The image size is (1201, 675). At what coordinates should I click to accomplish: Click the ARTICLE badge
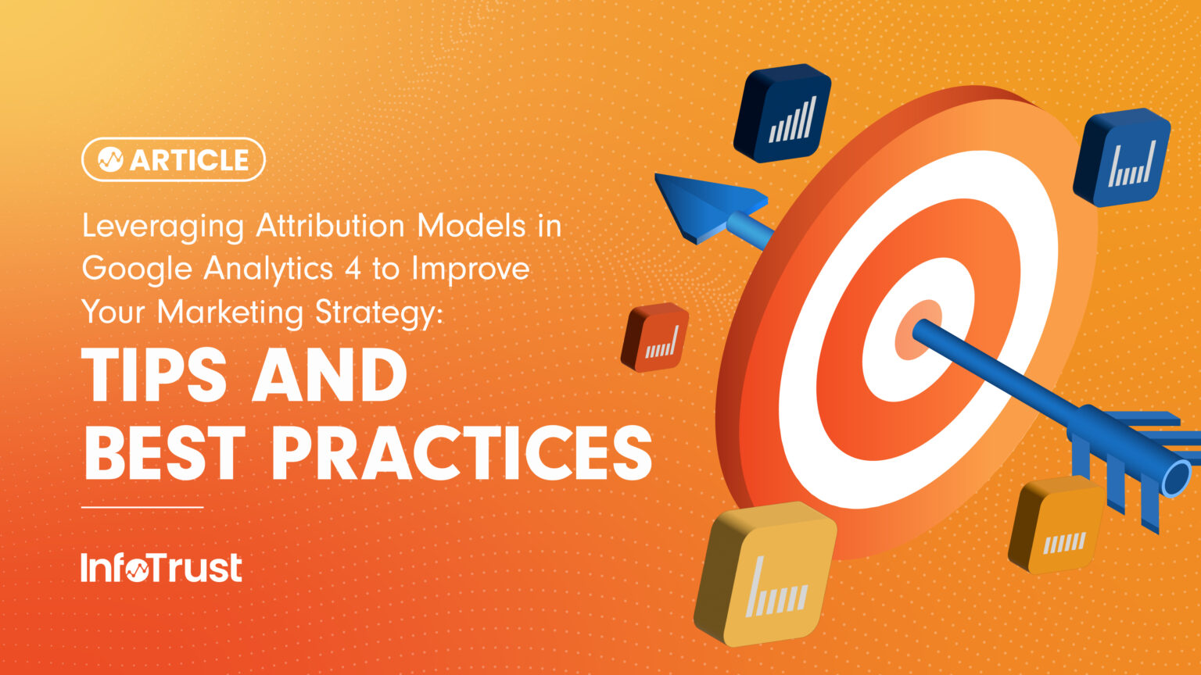pyautogui.click(x=173, y=159)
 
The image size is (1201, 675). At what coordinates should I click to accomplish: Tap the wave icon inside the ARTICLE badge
pyautogui.click(x=110, y=159)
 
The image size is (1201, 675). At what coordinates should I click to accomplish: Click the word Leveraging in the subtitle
pyautogui.click(x=163, y=227)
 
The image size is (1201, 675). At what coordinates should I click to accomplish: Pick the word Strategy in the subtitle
pyautogui.click(x=378, y=312)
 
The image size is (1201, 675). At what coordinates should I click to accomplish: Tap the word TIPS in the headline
pyautogui.click(x=155, y=376)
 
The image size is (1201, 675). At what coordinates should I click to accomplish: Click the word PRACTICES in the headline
pyautogui.click(x=461, y=454)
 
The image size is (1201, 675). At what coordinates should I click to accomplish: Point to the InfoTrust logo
pyautogui.click(x=161, y=568)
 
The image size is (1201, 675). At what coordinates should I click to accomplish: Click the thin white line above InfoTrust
pyautogui.click(x=142, y=507)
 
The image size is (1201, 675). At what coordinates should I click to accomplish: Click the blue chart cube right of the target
pyautogui.click(x=1121, y=157)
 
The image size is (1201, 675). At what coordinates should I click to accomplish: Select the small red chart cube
pyautogui.click(x=655, y=337)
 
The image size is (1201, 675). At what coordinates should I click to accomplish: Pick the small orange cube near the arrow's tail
pyautogui.click(x=1056, y=524)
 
